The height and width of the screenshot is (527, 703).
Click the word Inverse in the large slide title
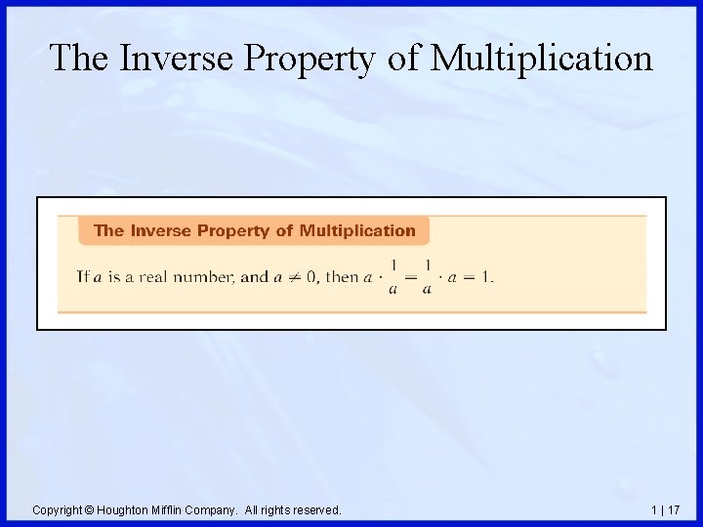(x=176, y=59)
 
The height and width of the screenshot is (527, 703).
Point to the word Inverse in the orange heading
(x=161, y=231)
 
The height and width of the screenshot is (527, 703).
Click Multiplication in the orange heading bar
(x=356, y=231)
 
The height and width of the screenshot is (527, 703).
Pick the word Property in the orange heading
(x=233, y=231)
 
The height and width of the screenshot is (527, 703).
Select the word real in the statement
(x=155, y=276)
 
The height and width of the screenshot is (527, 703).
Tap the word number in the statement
(x=205, y=277)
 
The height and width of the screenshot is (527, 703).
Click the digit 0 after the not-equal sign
(x=310, y=276)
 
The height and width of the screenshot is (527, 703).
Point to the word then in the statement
(x=341, y=276)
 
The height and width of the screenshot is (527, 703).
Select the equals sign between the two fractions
(x=410, y=276)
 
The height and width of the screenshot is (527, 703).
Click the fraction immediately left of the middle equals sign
(x=393, y=276)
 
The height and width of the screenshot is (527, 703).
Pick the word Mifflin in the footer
(x=171, y=509)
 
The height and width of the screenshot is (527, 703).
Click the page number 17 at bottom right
(x=675, y=509)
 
